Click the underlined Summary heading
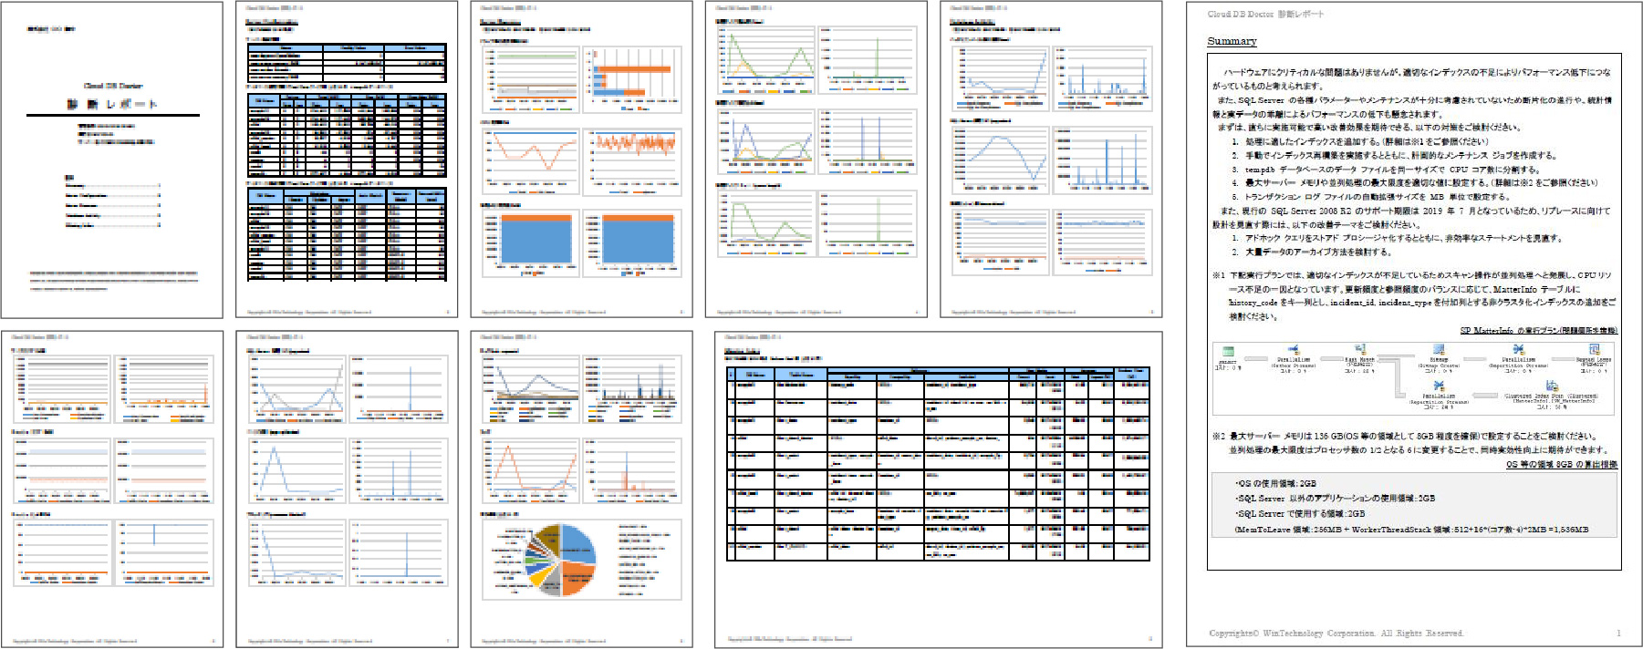coord(1231,41)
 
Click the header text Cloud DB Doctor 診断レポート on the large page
coord(1264,14)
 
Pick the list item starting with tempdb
coord(1392,170)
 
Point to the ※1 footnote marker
coord(1218,274)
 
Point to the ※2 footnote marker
coord(1218,436)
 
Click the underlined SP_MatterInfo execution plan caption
coord(1538,330)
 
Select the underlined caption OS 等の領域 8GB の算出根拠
coord(1561,464)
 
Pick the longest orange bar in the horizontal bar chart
coord(634,69)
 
